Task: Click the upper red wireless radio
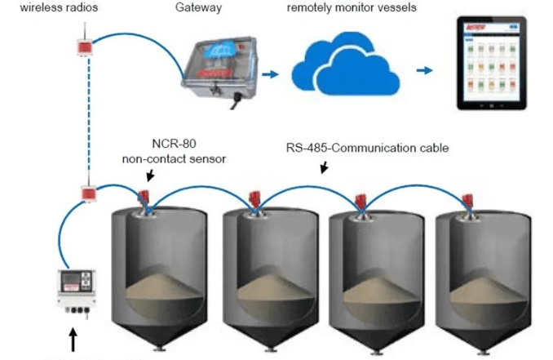[83, 48]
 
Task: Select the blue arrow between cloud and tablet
[424, 72]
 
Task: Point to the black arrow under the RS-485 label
[324, 168]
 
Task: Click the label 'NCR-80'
[171, 144]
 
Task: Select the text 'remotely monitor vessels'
[351, 8]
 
